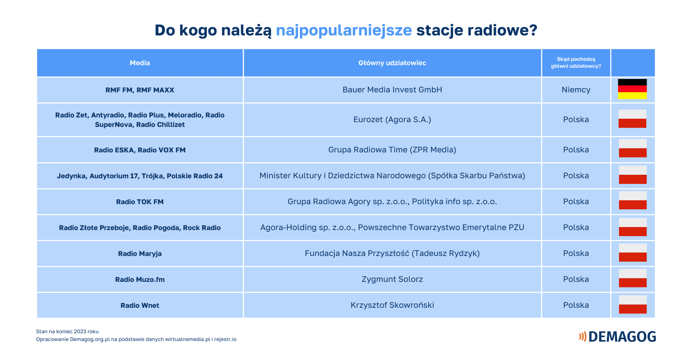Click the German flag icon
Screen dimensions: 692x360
pyautogui.click(x=632, y=89)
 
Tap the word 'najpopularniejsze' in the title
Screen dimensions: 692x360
pyautogui.click(x=344, y=31)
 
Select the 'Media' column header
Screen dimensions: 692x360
pyautogui.click(x=140, y=63)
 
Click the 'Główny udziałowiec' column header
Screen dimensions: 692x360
pyautogui.click(x=392, y=63)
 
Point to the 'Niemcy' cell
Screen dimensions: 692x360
pyautogui.click(x=576, y=90)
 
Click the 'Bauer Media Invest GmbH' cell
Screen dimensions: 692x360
pyautogui.click(x=392, y=90)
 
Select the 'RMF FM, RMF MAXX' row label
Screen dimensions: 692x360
pyautogui.click(x=140, y=90)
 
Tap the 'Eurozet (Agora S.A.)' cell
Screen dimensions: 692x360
pyautogui.click(x=392, y=120)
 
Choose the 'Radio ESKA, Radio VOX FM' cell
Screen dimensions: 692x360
pyautogui.click(x=140, y=150)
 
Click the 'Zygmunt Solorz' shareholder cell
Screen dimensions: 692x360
pyautogui.click(x=392, y=279)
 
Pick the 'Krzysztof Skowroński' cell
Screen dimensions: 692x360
pyautogui.click(x=392, y=305)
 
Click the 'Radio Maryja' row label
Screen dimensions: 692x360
pyautogui.click(x=140, y=254)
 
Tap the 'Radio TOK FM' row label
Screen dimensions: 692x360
pyautogui.click(x=140, y=202)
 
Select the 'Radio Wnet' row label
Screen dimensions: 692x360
pyautogui.click(x=140, y=306)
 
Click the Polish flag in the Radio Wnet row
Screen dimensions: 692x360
pyautogui.click(x=632, y=304)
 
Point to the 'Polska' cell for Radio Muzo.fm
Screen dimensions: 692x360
pyautogui.click(x=576, y=279)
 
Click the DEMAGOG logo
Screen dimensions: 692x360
pyautogui.click(x=617, y=337)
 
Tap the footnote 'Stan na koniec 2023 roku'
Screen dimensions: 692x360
pyautogui.click(x=67, y=332)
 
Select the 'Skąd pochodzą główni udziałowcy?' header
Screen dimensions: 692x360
pyautogui.click(x=576, y=63)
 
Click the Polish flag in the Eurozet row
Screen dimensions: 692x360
pyautogui.click(x=632, y=119)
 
